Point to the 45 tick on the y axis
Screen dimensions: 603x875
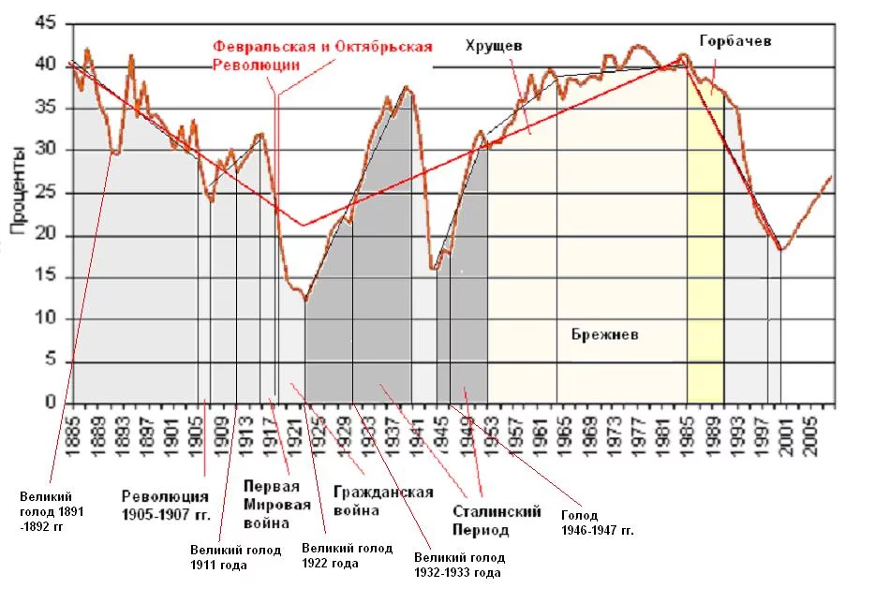tap(45, 24)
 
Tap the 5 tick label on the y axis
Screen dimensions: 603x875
tap(51, 362)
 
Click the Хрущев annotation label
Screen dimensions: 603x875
tap(494, 45)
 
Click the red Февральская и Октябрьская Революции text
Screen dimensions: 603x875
tap(322, 54)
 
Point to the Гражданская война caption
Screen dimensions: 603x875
tap(383, 501)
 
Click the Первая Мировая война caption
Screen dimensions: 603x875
tap(271, 503)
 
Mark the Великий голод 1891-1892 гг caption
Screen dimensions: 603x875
tap(46, 511)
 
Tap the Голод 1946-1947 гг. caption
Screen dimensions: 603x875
tap(598, 522)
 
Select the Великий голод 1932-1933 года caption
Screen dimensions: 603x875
tap(458, 565)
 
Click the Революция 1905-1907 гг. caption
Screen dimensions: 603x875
tap(165, 505)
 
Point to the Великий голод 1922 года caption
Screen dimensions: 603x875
tap(347, 555)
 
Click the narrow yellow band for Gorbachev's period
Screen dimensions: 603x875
tap(704, 281)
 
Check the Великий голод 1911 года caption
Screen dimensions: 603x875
tap(235, 557)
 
